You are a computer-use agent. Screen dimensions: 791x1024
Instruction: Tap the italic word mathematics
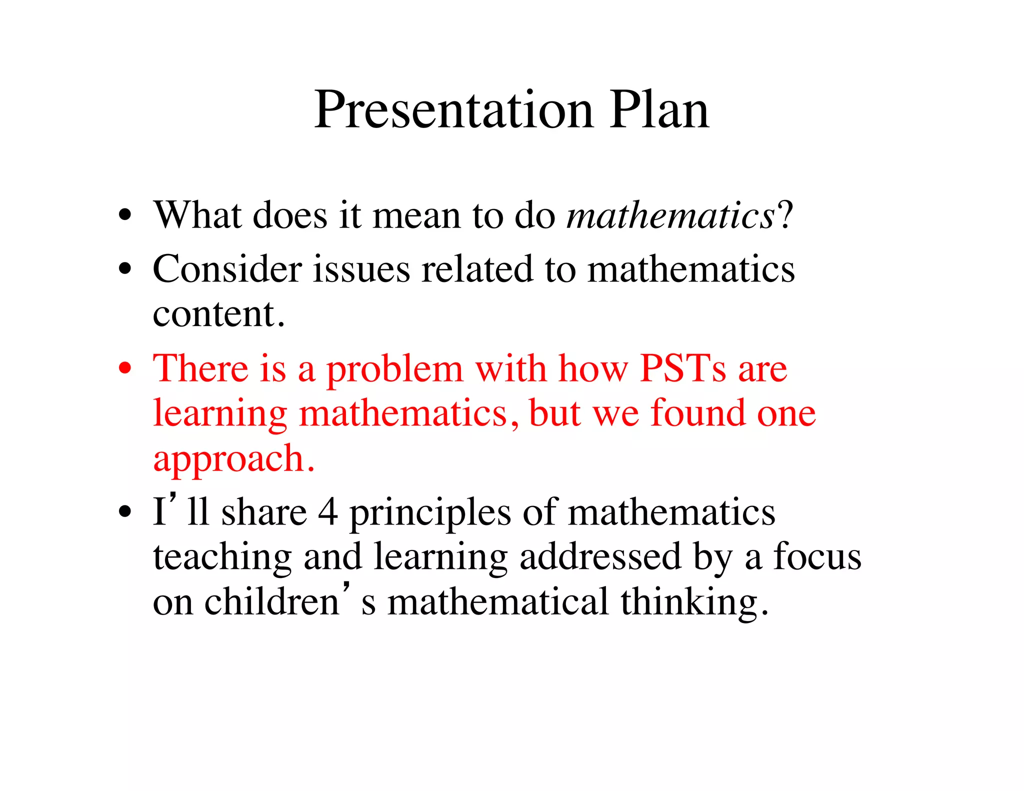[x=670, y=216]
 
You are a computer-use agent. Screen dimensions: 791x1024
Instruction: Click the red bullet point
[x=125, y=369]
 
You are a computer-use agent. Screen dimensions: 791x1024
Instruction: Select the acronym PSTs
[x=682, y=369]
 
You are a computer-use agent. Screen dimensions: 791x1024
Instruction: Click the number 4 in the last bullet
[x=328, y=512]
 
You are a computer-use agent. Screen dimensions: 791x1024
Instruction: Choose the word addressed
[x=600, y=556]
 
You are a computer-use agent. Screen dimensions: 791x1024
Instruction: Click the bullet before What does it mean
[x=125, y=216]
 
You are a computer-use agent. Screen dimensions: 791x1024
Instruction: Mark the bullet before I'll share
[x=125, y=512]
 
